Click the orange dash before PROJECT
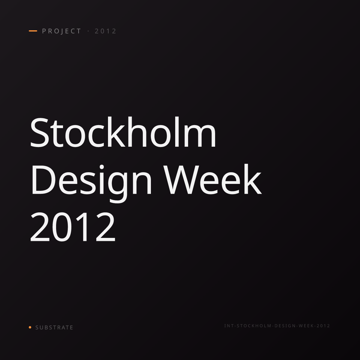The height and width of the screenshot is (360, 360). pos(33,31)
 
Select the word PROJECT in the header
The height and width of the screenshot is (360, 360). pos(61,31)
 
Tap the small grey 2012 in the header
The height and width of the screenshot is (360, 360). pos(106,31)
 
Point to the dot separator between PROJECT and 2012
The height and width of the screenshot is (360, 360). pos(88,31)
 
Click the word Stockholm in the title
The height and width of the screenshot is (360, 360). pos(123,132)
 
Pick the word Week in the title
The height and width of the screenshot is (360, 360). pos(213,179)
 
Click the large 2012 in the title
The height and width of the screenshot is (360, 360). pos(73,227)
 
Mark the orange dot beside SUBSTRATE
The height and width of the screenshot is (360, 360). pos(30,327)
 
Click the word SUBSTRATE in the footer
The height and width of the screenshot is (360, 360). pos(54,328)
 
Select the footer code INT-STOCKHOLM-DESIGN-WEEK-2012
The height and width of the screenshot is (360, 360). pos(277,326)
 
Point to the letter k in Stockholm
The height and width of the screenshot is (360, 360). pos(116,132)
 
